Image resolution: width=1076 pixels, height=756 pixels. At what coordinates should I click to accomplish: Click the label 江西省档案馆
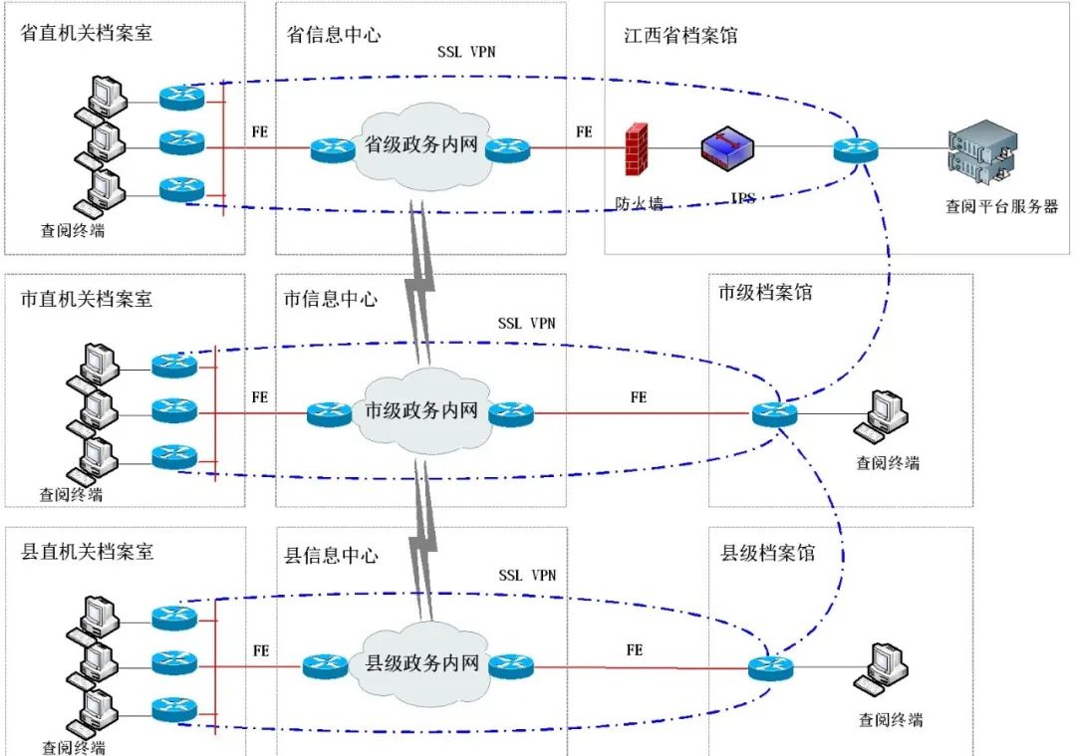pyautogui.click(x=681, y=36)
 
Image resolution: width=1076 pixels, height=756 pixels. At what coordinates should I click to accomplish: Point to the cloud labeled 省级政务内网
pyautogui.click(x=422, y=147)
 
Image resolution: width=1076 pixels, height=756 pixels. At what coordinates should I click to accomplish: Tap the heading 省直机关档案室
pyautogui.click(x=87, y=34)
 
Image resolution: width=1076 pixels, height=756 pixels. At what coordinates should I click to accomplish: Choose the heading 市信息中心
pyautogui.click(x=331, y=298)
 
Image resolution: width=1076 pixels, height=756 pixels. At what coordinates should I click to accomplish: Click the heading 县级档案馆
pyautogui.click(x=767, y=552)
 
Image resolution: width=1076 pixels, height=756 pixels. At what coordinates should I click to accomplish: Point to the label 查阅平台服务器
pyautogui.click(x=1001, y=207)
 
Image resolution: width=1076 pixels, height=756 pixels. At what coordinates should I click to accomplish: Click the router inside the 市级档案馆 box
pyautogui.click(x=774, y=412)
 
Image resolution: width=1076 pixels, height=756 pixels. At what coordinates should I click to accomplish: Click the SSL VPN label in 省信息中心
pyautogui.click(x=466, y=52)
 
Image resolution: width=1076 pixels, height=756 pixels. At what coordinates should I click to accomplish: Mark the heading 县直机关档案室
pyautogui.click(x=88, y=551)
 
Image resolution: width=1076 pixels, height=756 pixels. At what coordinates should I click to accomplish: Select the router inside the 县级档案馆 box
pyautogui.click(x=771, y=667)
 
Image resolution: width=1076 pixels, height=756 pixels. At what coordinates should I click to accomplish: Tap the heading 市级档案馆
pyautogui.click(x=765, y=293)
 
